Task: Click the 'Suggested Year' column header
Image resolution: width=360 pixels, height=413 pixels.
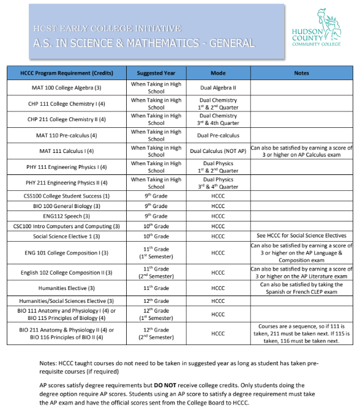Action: pos(156,73)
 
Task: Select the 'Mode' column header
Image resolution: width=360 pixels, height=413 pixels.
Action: pos(218,73)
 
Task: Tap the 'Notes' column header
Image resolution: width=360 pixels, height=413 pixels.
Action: pos(302,73)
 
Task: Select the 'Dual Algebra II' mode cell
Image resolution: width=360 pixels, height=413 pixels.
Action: pos(218,87)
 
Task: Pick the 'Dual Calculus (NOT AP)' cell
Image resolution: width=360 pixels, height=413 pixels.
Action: pos(218,151)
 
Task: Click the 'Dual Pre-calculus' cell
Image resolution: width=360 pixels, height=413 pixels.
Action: pos(218,135)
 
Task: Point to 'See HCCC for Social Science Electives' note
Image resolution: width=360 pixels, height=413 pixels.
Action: pos(302,236)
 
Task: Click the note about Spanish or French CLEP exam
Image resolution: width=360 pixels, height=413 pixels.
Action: pos(302,288)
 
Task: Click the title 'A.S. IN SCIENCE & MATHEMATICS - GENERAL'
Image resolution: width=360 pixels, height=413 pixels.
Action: pos(144,43)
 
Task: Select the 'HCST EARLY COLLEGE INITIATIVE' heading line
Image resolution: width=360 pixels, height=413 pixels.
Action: pos(108,28)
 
